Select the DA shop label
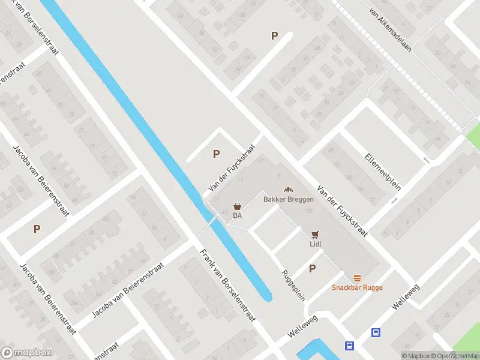[x=238, y=215]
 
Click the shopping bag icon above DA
[x=238, y=206]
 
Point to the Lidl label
[x=316, y=245]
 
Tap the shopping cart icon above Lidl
[x=316, y=235]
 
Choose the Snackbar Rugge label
[x=357, y=287]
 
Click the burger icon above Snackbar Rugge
[x=358, y=278]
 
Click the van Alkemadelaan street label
[x=391, y=29]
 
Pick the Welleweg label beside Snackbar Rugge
[x=404, y=296]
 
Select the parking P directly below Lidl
[x=312, y=268]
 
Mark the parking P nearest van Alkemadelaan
[x=274, y=35]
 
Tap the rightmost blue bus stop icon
[x=376, y=333]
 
